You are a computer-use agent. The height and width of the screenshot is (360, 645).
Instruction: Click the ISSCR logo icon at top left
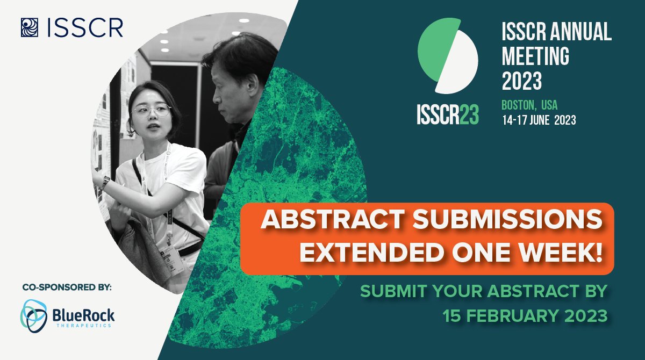[x=28, y=27]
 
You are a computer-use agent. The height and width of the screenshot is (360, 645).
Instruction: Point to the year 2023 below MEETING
[x=521, y=81]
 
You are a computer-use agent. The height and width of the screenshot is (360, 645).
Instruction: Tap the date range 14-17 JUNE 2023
[x=539, y=120]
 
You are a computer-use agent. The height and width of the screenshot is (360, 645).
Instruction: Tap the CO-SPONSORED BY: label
[x=67, y=288]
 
